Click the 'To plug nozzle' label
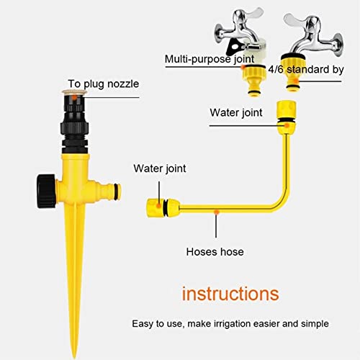tap(103, 84)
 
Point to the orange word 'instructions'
tap(230, 293)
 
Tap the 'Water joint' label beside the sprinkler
tap(160, 168)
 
